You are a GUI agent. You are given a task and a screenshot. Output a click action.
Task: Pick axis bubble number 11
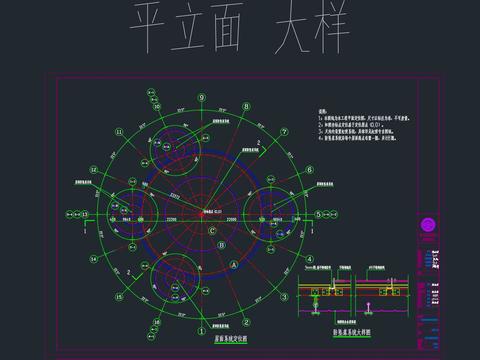120,131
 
